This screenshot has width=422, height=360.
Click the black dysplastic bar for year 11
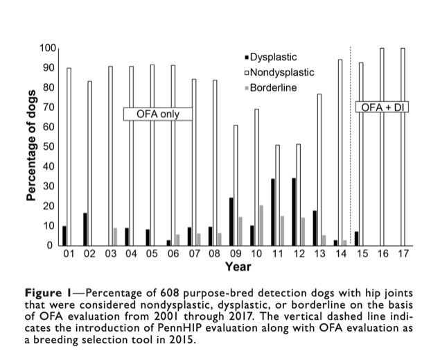pyautogui.click(x=273, y=212)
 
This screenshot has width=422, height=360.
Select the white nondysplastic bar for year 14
pyautogui.click(x=340, y=153)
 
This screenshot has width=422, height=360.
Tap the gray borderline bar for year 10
pyautogui.click(x=261, y=225)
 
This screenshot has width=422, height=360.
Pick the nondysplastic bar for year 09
pyautogui.click(x=236, y=185)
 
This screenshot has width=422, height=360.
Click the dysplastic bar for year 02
pyautogui.click(x=85, y=230)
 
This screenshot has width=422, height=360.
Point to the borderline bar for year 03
pyautogui.click(x=115, y=237)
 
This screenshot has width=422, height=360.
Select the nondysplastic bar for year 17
pyautogui.click(x=403, y=147)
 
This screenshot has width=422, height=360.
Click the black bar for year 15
pyautogui.click(x=357, y=239)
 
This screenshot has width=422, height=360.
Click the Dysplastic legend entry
pyautogui.click(x=271, y=57)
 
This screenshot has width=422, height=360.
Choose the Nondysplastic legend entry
pyautogui.click(x=279, y=72)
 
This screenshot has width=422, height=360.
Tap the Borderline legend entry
pyautogui.click(x=271, y=88)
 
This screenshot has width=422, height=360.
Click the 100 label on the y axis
pyautogui.click(x=48, y=49)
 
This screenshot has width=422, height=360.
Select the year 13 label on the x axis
pyautogui.click(x=319, y=254)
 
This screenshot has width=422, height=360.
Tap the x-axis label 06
pyautogui.click(x=173, y=254)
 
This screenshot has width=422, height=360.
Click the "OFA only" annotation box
pyautogui.click(x=158, y=114)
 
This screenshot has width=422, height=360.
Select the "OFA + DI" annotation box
pyautogui.click(x=383, y=107)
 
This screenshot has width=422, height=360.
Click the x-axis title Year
pyautogui.click(x=238, y=266)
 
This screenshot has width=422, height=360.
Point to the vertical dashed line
pyautogui.click(x=351, y=145)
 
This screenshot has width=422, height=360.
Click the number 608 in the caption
pyautogui.click(x=169, y=293)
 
